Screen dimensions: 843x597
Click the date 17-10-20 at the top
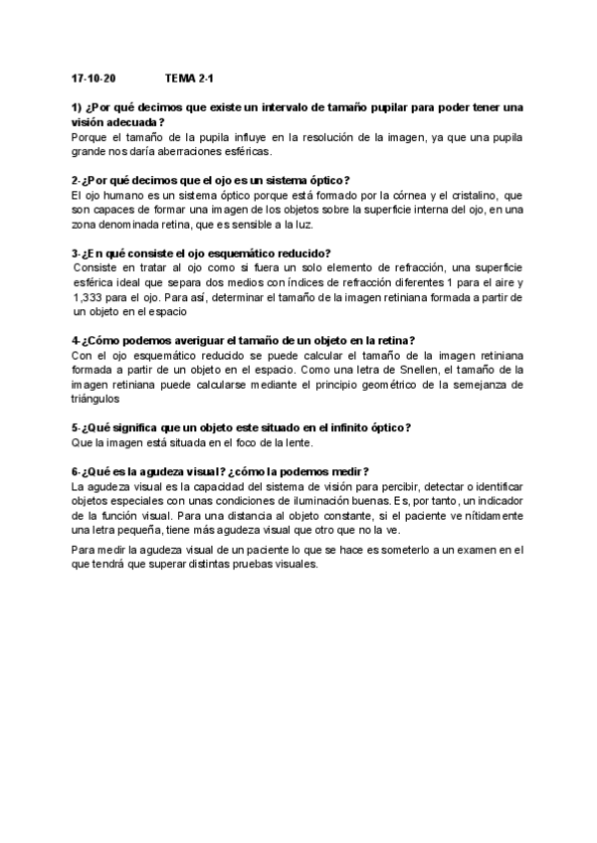(x=94, y=77)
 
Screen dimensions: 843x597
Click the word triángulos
(x=98, y=400)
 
